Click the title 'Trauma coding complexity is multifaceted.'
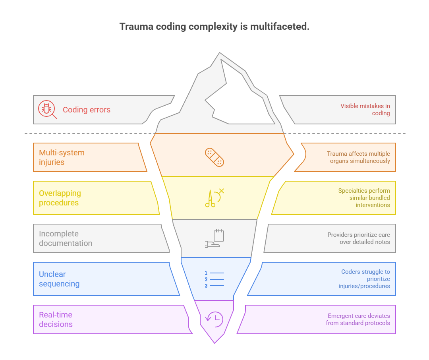[214, 27]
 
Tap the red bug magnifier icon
[47, 110]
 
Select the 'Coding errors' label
[87, 110]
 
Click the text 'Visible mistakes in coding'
[365, 110]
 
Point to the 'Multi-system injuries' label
[62, 157]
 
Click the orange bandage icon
[214, 157]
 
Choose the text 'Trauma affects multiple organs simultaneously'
[358, 157]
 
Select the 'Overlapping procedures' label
[60, 198]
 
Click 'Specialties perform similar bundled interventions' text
[364, 198]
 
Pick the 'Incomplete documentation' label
[66, 238]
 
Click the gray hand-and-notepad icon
[214, 239]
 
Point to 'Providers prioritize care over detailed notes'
[358, 238]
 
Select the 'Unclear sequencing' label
[59, 279]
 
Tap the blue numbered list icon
[214, 279]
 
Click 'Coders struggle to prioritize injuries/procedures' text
[364, 279]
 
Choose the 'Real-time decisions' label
[56, 319]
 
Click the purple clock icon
[214, 319]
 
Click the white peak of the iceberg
[242, 99]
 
